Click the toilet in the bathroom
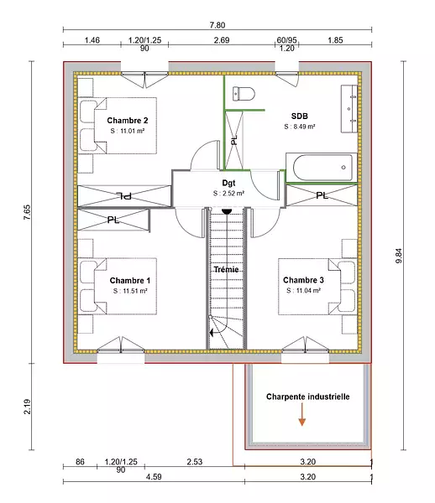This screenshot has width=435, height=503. (x=244, y=94)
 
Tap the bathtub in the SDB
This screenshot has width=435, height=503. (x=322, y=168)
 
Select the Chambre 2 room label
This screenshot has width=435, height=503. (x=128, y=121)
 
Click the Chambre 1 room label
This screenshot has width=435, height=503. (x=130, y=281)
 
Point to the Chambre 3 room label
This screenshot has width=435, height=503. (x=303, y=280)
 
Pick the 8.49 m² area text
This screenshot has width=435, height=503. (x=300, y=127)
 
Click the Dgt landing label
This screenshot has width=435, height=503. (x=228, y=183)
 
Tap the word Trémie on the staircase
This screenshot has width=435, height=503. (x=226, y=269)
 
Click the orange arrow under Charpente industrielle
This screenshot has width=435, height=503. (x=301, y=414)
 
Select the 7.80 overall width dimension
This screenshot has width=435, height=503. (x=217, y=25)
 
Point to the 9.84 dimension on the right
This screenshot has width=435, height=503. (x=398, y=256)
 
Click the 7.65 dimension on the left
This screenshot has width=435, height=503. (x=27, y=212)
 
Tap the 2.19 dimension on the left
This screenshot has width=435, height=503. (x=27, y=407)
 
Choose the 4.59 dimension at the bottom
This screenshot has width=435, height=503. (x=154, y=477)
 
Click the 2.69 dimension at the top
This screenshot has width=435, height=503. (x=222, y=40)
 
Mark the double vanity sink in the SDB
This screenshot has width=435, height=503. (x=349, y=109)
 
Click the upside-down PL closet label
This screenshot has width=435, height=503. (x=124, y=195)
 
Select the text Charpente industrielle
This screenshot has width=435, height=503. (x=308, y=397)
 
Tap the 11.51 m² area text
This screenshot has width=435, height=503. (x=130, y=291)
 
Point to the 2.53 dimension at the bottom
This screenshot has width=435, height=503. (x=195, y=462)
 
